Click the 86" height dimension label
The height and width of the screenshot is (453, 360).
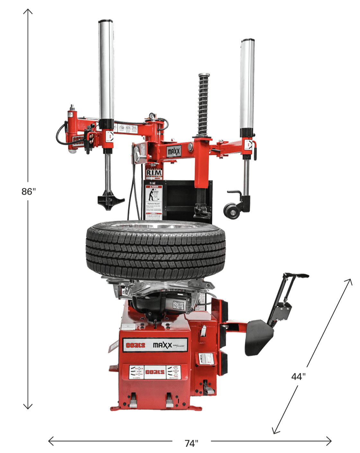(29, 191)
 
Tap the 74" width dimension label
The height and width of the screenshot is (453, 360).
(191, 443)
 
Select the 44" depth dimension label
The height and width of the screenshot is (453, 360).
(298, 376)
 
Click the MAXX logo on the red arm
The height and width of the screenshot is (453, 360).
(174, 151)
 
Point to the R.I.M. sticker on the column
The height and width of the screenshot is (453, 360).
(154, 173)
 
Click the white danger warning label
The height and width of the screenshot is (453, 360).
(154, 202)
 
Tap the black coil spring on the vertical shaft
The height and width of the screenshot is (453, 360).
(203, 104)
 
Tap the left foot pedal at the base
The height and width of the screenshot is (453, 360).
(133, 401)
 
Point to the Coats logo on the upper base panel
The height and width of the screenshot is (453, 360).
(135, 345)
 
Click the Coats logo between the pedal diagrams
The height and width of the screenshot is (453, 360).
(155, 372)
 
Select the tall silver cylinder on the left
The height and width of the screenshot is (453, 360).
(106, 71)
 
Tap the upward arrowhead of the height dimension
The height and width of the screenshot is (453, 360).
(28, 11)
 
